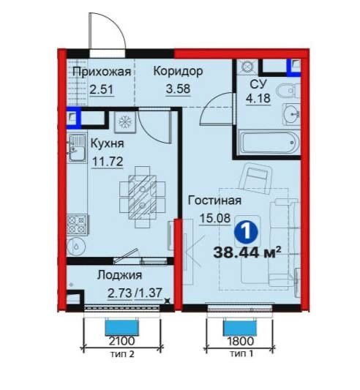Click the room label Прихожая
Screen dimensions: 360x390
click(x=102, y=72)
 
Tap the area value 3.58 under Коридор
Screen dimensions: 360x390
click(x=178, y=89)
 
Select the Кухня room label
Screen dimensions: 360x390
click(x=107, y=143)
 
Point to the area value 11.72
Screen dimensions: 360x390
click(x=108, y=162)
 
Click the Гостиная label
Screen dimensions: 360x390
click(x=214, y=200)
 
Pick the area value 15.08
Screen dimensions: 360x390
click(x=215, y=218)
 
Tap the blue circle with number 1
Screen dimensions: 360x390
click(x=246, y=231)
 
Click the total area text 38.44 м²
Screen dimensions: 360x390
click(x=247, y=252)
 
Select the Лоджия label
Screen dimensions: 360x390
click(x=119, y=275)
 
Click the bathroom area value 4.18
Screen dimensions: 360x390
click(x=258, y=98)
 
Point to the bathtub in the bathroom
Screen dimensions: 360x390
click(x=269, y=143)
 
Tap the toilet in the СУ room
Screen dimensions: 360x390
click(x=288, y=91)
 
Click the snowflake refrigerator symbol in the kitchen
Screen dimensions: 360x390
click(x=125, y=122)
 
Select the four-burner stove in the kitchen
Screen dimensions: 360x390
click(x=77, y=225)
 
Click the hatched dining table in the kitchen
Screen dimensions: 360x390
click(x=143, y=197)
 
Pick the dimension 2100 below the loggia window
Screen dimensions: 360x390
click(x=122, y=340)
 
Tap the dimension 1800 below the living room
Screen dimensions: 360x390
click(x=241, y=340)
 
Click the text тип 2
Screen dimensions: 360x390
click(x=122, y=353)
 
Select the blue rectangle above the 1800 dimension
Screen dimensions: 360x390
click(x=240, y=328)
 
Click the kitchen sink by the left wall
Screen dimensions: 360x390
click(x=76, y=148)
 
